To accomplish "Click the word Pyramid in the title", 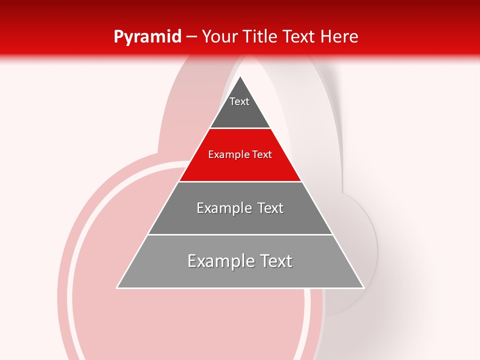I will coord(147,36).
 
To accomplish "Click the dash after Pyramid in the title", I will coord(191,37).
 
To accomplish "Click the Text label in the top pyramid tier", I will coord(239,101).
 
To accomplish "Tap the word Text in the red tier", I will coord(262,154).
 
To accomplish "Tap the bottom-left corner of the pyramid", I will coord(117,287).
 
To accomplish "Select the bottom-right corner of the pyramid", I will coord(363,287).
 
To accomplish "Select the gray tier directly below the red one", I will coord(240,222).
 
